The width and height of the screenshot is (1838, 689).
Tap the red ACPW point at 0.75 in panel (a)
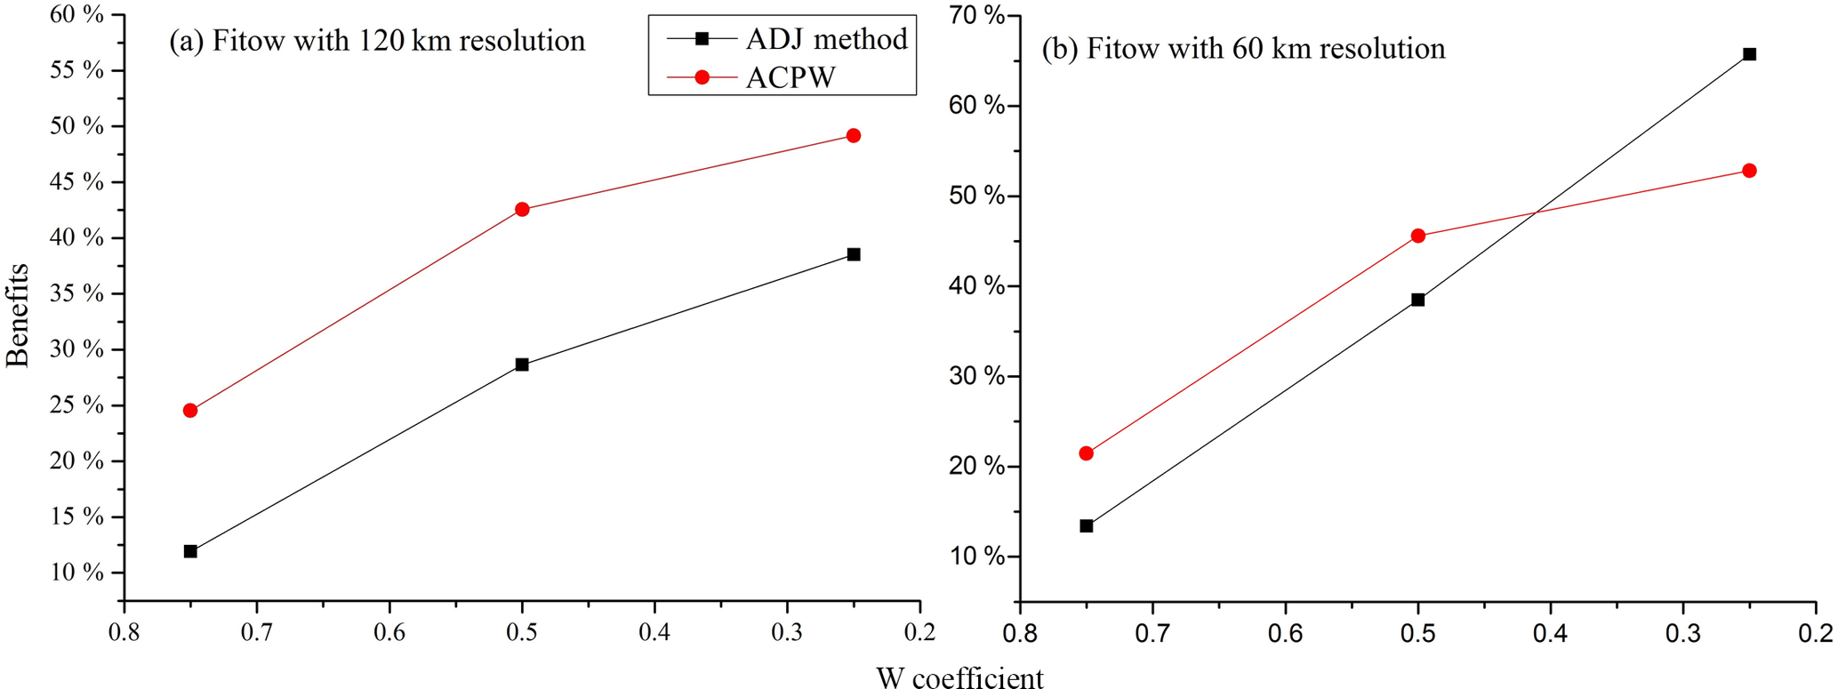pos(190,411)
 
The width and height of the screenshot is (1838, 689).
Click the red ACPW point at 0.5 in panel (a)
pos(522,210)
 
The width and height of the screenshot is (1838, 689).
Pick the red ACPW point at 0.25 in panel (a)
pos(854,136)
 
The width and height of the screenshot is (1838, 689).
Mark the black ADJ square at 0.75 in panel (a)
pos(190,551)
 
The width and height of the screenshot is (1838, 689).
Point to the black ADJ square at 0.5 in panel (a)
pos(522,365)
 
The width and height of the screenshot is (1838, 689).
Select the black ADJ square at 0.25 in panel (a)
pos(854,254)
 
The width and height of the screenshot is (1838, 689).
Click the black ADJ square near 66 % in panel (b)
pos(1749,54)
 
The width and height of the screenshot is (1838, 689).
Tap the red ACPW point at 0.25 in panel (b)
pos(1749,171)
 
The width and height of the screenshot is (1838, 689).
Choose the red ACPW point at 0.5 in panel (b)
pos(1418,236)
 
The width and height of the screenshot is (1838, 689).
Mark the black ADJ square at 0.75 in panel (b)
pos(1087,526)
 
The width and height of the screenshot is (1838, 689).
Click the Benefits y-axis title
pos(18,316)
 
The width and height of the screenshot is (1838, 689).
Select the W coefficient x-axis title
pos(959,678)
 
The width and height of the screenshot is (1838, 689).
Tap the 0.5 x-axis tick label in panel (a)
pos(522,632)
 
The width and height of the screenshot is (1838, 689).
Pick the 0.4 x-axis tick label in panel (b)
pos(1551,632)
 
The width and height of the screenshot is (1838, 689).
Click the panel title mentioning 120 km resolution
pos(377,41)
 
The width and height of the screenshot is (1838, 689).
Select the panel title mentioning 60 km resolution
pos(1243,48)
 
